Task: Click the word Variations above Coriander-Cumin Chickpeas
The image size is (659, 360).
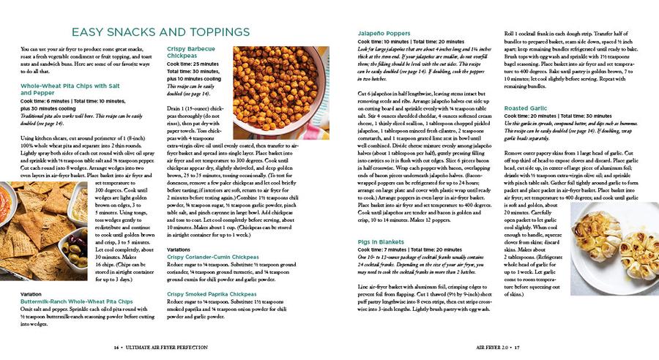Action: coord(179,250)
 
